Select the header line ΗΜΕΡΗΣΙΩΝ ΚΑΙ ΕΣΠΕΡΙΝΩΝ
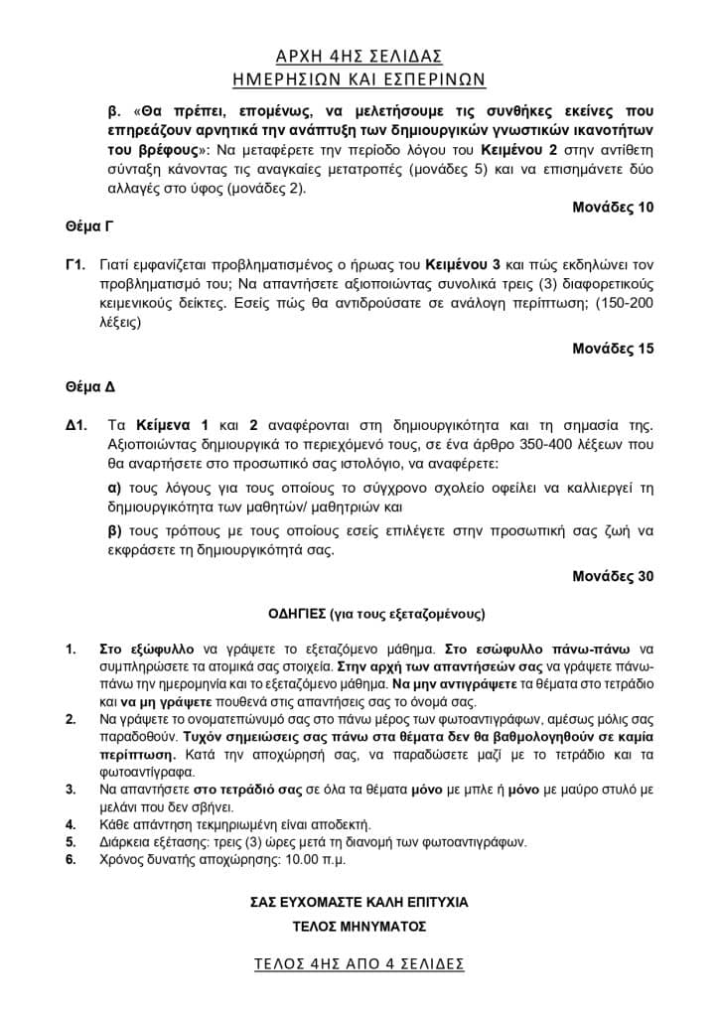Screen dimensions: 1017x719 (x=359, y=78)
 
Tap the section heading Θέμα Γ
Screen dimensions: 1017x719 (x=83, y=227)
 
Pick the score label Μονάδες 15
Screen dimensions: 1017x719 (x=613, y=349)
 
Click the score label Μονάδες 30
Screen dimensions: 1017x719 (x=613, y=575)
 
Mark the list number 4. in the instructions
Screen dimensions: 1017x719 (x=71, y=824)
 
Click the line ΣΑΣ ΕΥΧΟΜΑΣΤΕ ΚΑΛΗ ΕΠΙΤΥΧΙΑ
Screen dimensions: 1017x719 (x=359, y=903)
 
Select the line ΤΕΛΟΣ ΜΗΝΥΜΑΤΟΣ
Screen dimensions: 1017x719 (x=359, y=927)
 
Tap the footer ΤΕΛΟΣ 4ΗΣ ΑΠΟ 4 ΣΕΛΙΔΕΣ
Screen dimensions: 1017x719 (x=359, y=964)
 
